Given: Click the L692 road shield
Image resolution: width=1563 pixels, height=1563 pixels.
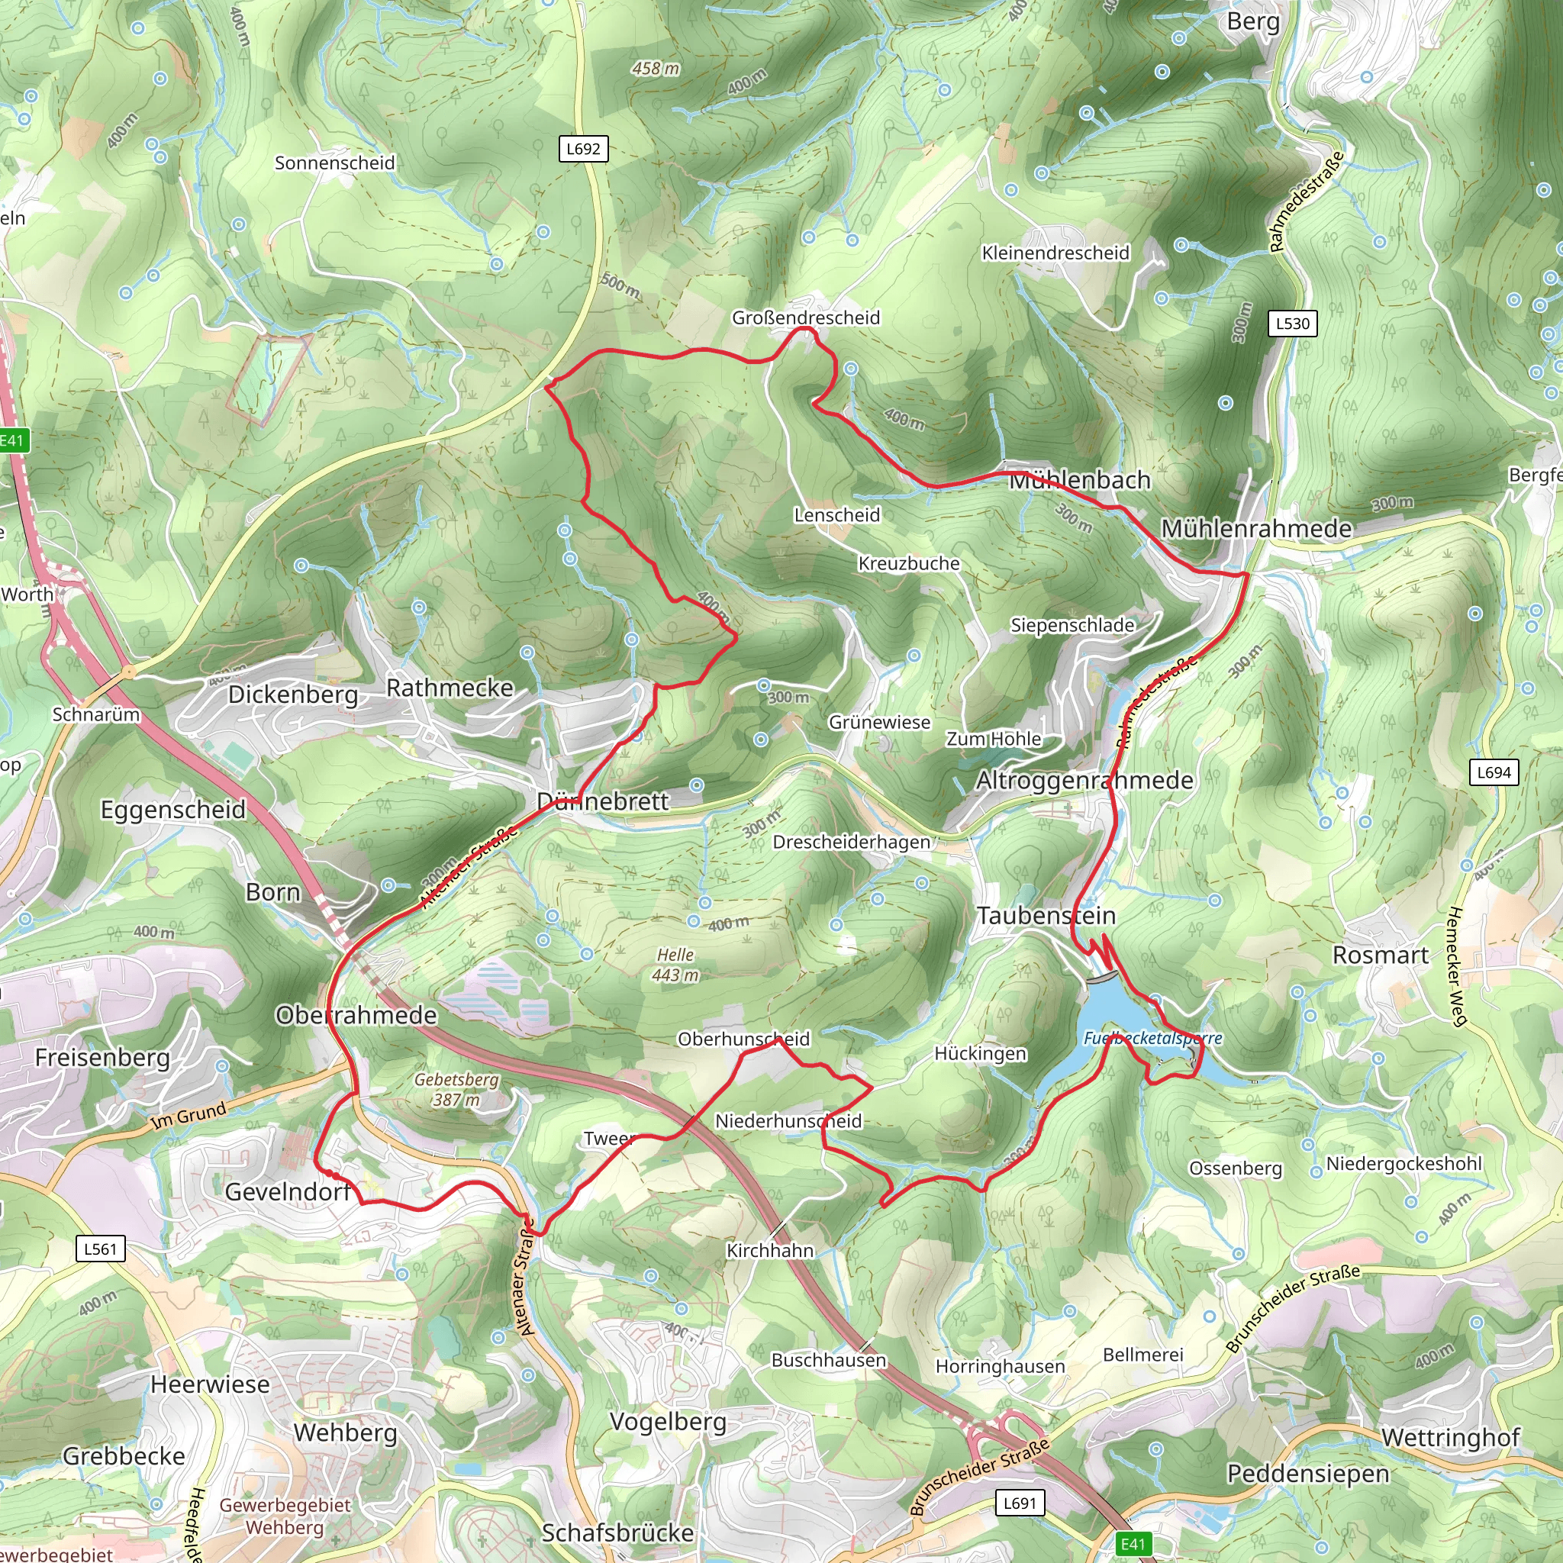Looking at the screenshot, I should click(583, 149).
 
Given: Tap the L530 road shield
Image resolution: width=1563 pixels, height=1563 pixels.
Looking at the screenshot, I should click(1292, 324).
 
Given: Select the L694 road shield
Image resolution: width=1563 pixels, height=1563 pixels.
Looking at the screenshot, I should click(1494, 772).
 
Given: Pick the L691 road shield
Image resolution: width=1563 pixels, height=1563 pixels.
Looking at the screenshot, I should click(1020, 1503).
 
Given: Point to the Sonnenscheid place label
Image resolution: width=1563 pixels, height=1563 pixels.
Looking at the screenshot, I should click(335, 163).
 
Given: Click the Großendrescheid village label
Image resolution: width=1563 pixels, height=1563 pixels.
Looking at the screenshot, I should click(806, 318).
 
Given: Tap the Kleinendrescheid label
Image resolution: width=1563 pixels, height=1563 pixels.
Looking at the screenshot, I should click(1055, 253).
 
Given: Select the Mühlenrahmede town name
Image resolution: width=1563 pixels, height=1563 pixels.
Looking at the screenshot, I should click(1256, 528).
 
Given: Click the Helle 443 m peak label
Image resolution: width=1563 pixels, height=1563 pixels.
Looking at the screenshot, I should click(675, 965).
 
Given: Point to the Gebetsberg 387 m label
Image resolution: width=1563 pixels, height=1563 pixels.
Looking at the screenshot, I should click(456, 1089).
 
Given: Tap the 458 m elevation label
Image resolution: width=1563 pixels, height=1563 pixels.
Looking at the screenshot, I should click(656, 69).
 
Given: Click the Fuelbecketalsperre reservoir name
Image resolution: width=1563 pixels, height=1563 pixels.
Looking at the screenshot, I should click(1153, 1038).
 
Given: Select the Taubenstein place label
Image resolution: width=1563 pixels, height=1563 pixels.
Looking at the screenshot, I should click(1046, 916).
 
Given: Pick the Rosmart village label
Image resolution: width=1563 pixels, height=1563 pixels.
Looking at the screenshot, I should click(1380, 956).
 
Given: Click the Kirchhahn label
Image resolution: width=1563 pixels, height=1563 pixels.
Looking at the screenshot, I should click(770, 1250).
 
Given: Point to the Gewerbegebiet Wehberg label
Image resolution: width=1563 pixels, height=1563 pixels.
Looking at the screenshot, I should click(285, 1516).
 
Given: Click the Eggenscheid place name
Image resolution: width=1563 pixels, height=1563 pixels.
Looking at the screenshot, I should click(173, 809).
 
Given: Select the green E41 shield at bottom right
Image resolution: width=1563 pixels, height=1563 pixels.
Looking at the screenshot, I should click(1133, 1544).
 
